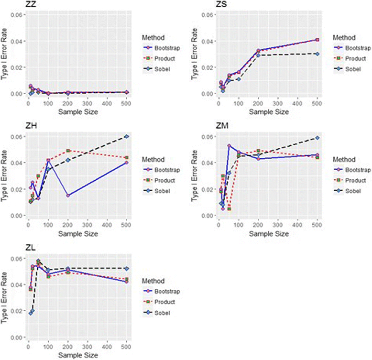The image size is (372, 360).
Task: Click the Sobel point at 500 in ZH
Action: [x=127, y=136]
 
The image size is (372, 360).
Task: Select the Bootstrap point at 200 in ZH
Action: [x=68, y=196]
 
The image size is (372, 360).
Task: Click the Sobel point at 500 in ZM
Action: [x=317, y=138]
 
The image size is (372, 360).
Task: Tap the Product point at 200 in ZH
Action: [x=68, y=151]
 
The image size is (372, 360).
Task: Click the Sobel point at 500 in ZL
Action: [x=127, y=269]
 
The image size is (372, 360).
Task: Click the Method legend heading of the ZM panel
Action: [x=343, y=159]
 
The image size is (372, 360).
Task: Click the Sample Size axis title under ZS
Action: [x=268, y=112]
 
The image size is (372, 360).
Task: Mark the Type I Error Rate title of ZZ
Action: [x=4, y=54]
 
